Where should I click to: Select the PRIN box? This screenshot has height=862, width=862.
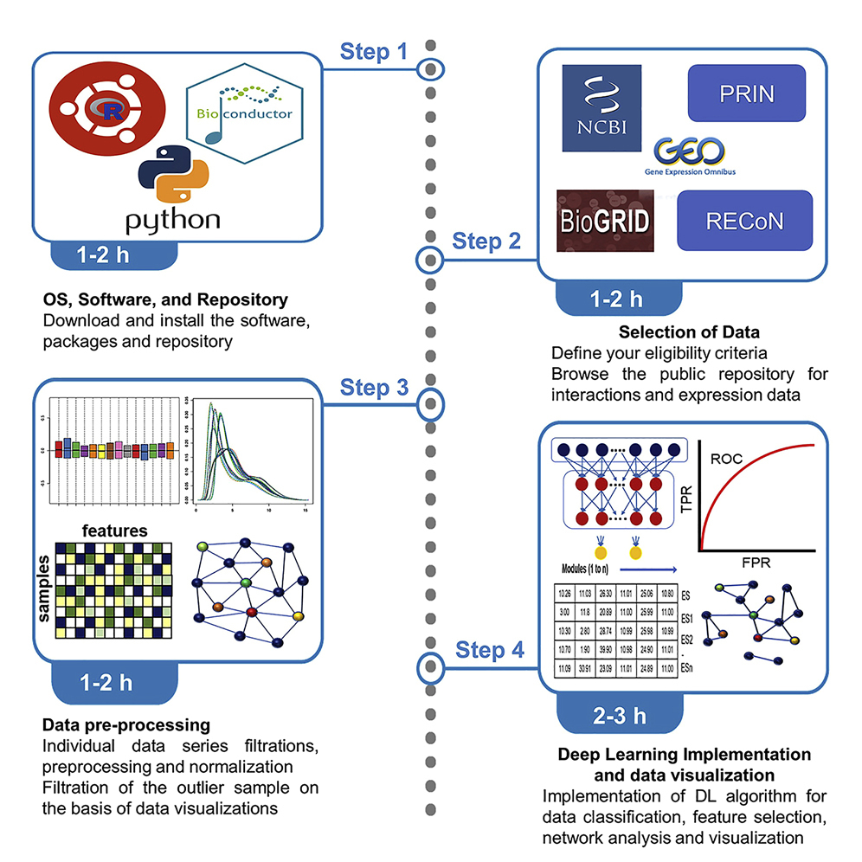746,93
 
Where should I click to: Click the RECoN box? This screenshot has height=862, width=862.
745,221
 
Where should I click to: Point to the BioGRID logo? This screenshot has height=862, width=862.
603,220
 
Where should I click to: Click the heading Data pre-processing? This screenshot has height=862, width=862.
126,724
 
